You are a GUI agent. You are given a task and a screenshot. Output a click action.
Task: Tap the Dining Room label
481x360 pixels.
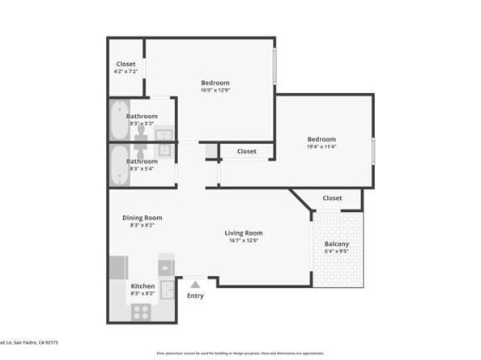pyautogui.click(x=142, y=218)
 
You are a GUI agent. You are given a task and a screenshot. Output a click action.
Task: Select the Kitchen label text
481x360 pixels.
pyautogui.click(x=143, y=286)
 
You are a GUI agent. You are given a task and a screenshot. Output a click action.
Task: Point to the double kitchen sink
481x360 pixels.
pyautogui.click(x=167, y=288)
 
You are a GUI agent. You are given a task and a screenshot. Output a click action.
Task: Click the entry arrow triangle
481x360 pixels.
pyautogui.click(x=194, y=283)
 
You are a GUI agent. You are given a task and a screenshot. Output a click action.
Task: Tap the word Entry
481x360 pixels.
pyautogui.click(x=195, y=295)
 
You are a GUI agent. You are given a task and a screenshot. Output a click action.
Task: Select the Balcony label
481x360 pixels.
pyautogui.click(x=336, y=244)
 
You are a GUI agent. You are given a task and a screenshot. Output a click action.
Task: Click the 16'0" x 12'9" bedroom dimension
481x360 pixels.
pyautogui.click(x=215, y=91)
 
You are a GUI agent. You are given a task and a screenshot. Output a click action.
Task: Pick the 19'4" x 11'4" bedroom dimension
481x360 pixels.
pyautogui.click(x=321, y=146)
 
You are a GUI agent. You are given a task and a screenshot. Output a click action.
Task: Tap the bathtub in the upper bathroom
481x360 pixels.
pyautogui.click(x=118, y=120)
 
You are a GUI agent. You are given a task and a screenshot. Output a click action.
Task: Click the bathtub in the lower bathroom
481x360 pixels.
pyautogui.click(x=118, y=165)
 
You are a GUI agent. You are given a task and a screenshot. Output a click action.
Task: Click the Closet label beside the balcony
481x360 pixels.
pyautogui.click(x=332, y=198)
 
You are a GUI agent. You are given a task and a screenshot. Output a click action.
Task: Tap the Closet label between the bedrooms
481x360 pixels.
pyautogui.click(x=246, y=151)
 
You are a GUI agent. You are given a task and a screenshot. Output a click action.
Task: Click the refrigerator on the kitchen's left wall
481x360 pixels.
pyautogui.click(x=119, y=267)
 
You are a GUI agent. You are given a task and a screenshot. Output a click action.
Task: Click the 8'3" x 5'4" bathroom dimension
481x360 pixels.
pyautogui.click(x=142, y=168)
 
